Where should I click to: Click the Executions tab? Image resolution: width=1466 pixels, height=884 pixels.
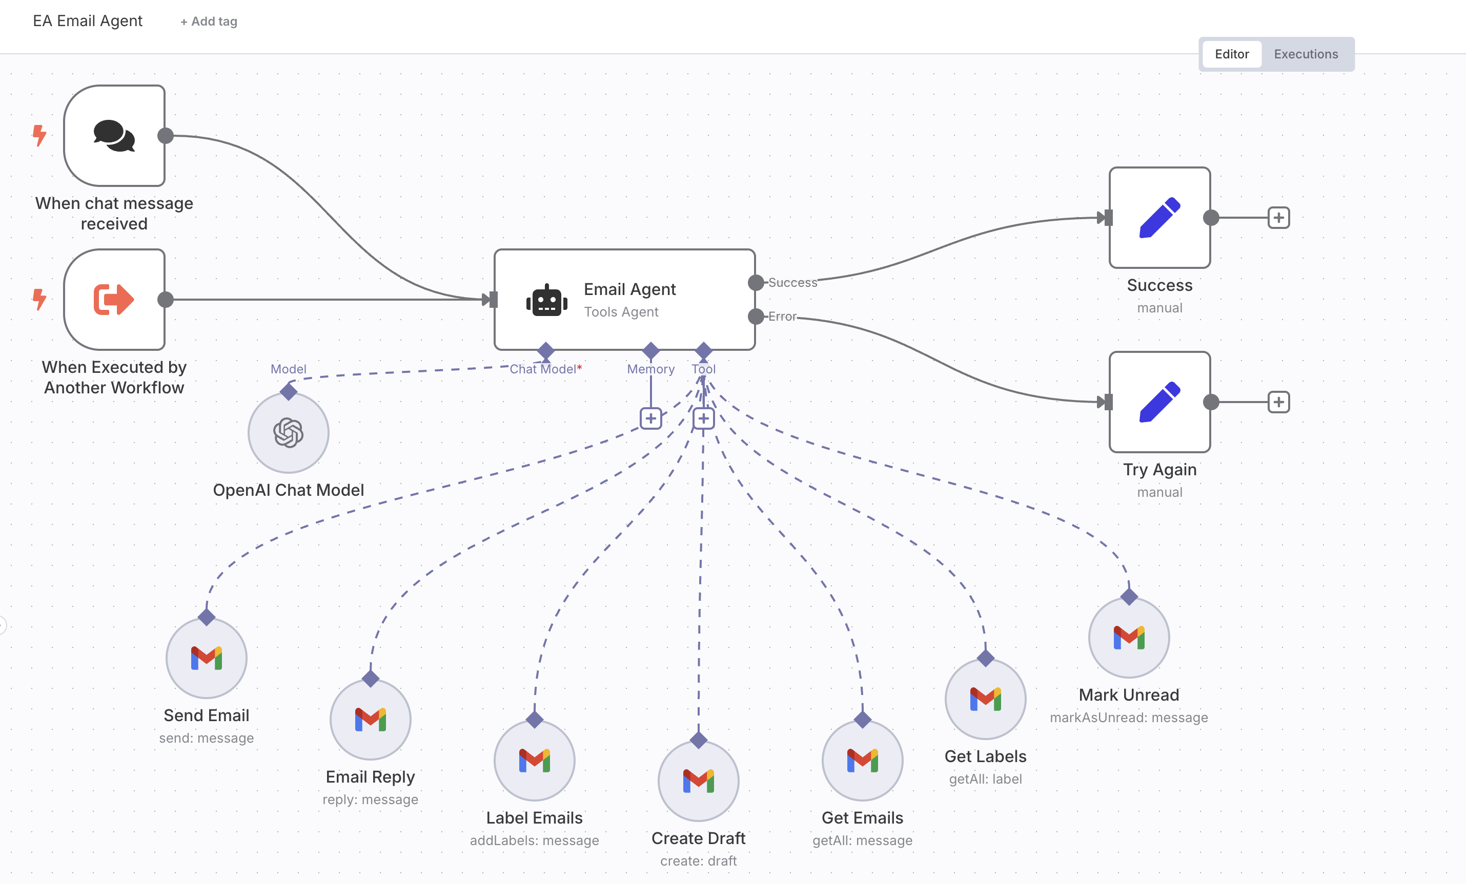(x=1306, y=54)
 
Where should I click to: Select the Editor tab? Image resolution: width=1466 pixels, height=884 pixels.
(x=1231, y=54)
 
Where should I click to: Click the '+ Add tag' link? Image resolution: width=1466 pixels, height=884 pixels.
(x=209, y=22)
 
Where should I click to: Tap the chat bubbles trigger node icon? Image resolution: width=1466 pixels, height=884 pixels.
(x=114, y=136)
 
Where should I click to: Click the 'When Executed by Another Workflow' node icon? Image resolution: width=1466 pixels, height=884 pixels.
(x=114, y=300)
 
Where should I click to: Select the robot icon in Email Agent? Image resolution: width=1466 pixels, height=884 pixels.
(x=546, y=300)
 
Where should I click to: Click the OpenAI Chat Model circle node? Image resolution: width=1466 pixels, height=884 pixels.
(x=289, y=433)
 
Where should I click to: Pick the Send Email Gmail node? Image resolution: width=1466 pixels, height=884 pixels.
(x=207, y=658)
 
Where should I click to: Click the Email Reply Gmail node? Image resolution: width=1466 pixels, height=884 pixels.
(x=371, y=719)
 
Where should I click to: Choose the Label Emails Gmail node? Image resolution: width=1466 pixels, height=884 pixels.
(x=534, y=761)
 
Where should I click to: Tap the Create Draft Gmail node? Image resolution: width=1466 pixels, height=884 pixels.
(x=699, y=781)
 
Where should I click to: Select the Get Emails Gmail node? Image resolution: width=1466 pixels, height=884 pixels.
(x=862, y=761)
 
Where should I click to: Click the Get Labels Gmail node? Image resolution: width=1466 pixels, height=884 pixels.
(x=985, y=699)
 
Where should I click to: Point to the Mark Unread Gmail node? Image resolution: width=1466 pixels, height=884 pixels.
(x=1129, y=637)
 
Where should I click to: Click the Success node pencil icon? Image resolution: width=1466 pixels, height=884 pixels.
(x=1159, y=218)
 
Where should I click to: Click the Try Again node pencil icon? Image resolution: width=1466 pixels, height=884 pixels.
(x=1159, y=402)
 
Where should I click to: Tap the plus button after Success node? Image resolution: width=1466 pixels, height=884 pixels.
(x=1278, y=218)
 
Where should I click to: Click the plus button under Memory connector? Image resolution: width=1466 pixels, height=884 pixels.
(x=651, y=418)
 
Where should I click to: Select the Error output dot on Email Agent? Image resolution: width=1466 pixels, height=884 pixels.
(x=756, y=317)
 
